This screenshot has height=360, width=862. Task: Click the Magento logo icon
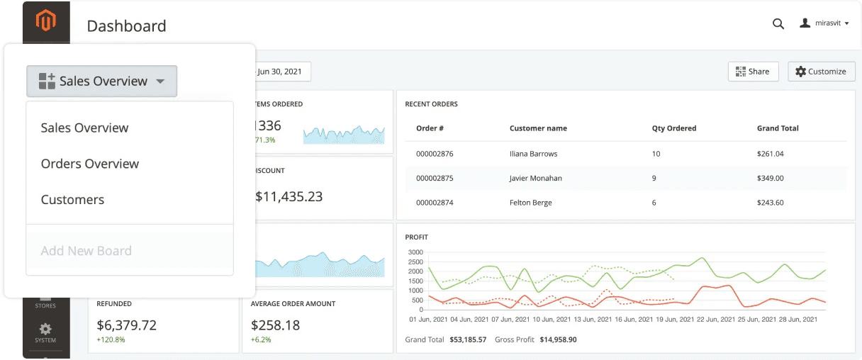click(x=46, y=21)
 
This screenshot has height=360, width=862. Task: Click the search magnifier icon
click(x=778, y=23)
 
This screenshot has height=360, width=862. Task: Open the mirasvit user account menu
click(x=824, y=23)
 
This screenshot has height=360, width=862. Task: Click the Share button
click(x=753, y=72)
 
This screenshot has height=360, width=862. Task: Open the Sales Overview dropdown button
click(x=101, y=81)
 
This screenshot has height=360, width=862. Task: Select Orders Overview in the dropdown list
click(x=90, y=164)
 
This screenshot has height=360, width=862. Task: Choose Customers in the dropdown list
click(x=72, y=200)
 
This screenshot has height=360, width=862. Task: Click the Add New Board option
click(x=86, y=251)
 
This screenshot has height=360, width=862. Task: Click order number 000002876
click(x=435, y=154)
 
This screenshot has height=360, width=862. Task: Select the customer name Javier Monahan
click(x=535, y=179)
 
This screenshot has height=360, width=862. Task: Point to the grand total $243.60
click(x=770, y=203)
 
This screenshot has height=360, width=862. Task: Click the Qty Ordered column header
click(x=673, y=128)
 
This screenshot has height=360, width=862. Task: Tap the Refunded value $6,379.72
click(x=126, y=325)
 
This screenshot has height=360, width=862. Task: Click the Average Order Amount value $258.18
click(x=275, y=325)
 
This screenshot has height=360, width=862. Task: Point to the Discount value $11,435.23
click(x=289, y=197)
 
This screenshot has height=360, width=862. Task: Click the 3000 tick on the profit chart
click(x=415, y=252)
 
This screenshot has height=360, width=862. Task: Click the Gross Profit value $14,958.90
click(x=558, y=340)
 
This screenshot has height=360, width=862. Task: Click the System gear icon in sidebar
click(x=45, y=330)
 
